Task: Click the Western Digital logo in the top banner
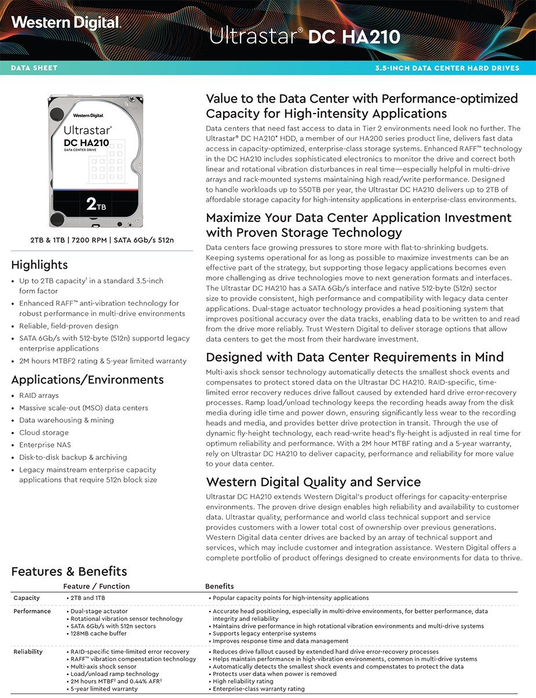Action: pos(65,23)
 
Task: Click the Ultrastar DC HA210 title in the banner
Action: pos(304,36)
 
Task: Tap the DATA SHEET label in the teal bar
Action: pos(34,68)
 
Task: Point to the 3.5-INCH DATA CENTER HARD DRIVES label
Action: pos(447,68)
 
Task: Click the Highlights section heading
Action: pos(39,265)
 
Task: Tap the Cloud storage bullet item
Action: pos(44,433)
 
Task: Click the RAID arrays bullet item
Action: pos(39,396)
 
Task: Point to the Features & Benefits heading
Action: pos(69,572)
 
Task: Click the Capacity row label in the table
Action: pos(27,598)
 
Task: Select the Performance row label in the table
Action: pos(32,611)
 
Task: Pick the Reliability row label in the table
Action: pos(28,652)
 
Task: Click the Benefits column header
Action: pos(220,586)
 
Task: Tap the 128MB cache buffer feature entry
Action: pos(99,634)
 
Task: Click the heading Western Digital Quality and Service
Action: pos(313,482)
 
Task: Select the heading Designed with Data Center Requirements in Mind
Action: pos(355,357)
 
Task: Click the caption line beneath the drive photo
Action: pos(102,240)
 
